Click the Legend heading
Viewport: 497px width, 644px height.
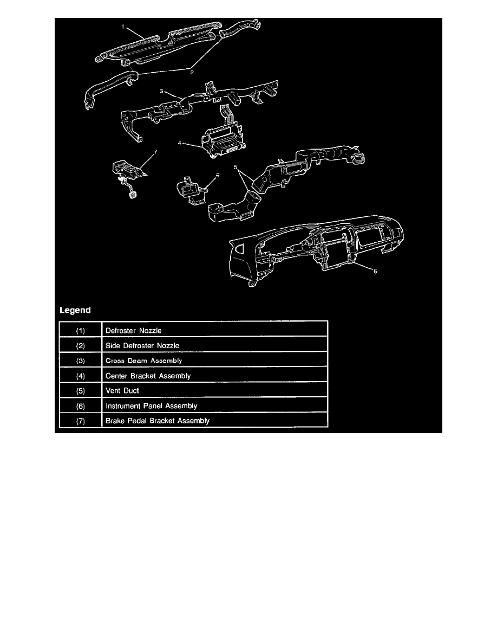pyautogui.click(x=75, y=310)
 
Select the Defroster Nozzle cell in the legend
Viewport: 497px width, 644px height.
pyautogui.click(x=134, y=331)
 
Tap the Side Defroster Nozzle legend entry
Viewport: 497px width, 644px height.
pyautogui.click(x=142, y=345)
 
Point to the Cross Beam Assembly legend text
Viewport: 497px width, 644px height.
pyautogui.click(x=143, y=360)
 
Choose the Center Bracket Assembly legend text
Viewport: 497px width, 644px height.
pyautogui.click(x=148, y=376)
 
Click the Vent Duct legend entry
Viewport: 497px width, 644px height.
pyautogui.click(x=122, y=391)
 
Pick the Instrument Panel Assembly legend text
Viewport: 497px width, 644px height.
pyautogui.click(x=151, y=406)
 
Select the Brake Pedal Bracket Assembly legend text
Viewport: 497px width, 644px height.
pyautogui.click(x=158, y=421)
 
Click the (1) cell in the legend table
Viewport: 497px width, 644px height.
pyautogui.click(x=80, y=331)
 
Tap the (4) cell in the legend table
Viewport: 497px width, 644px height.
pyautogui.click(x=80, y=376)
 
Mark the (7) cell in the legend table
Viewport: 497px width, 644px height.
pyautogui.click(x=80, y=421)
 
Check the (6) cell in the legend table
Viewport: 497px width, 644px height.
pyautogui.click(x=80, y=406)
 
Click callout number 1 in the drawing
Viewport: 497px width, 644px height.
pyautogui.click(x=123, y=26)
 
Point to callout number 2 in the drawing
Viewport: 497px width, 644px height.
pyautogui.click(x=192, y=72)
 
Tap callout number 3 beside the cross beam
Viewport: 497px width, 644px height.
pyautogui.click(x=161, y=91)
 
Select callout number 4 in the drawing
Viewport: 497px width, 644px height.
pyautogui.click(x=180, y=143)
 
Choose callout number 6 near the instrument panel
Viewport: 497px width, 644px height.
pyautogui.click(x=375, y=271)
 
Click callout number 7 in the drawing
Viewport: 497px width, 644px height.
pyautogui.click(x=155, y=152)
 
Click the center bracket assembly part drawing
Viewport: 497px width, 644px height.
pyautogui.click(x=224, y=138)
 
